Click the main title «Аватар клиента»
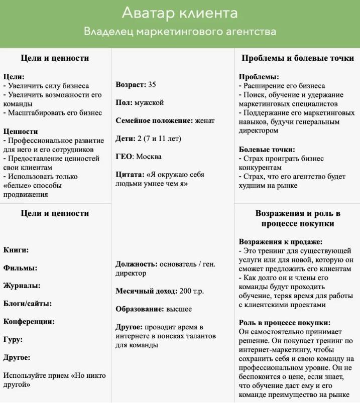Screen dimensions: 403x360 (180, 13)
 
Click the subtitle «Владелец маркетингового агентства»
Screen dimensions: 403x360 (180, 32)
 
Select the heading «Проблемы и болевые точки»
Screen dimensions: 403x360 (297, 58)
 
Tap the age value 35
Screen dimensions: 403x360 (152, 84)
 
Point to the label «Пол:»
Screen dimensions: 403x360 (124, 102)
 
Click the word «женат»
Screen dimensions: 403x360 (205, 120)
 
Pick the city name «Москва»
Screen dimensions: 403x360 (149, 157)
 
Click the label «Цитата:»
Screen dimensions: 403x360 (130, 175)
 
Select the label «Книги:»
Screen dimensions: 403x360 (16, 249)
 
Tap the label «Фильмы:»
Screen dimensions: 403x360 (20, 267)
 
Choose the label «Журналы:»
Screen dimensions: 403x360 (22, 286)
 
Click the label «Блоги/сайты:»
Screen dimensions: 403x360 (28, 304)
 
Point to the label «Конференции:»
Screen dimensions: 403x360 (29, 322)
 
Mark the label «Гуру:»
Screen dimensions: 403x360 (13, 340)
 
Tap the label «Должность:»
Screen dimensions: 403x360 (137, 264)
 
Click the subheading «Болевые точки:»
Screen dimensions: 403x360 (267, 150)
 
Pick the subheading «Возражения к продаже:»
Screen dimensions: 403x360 (280, 241)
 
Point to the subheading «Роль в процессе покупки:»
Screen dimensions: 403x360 (284, 323)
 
